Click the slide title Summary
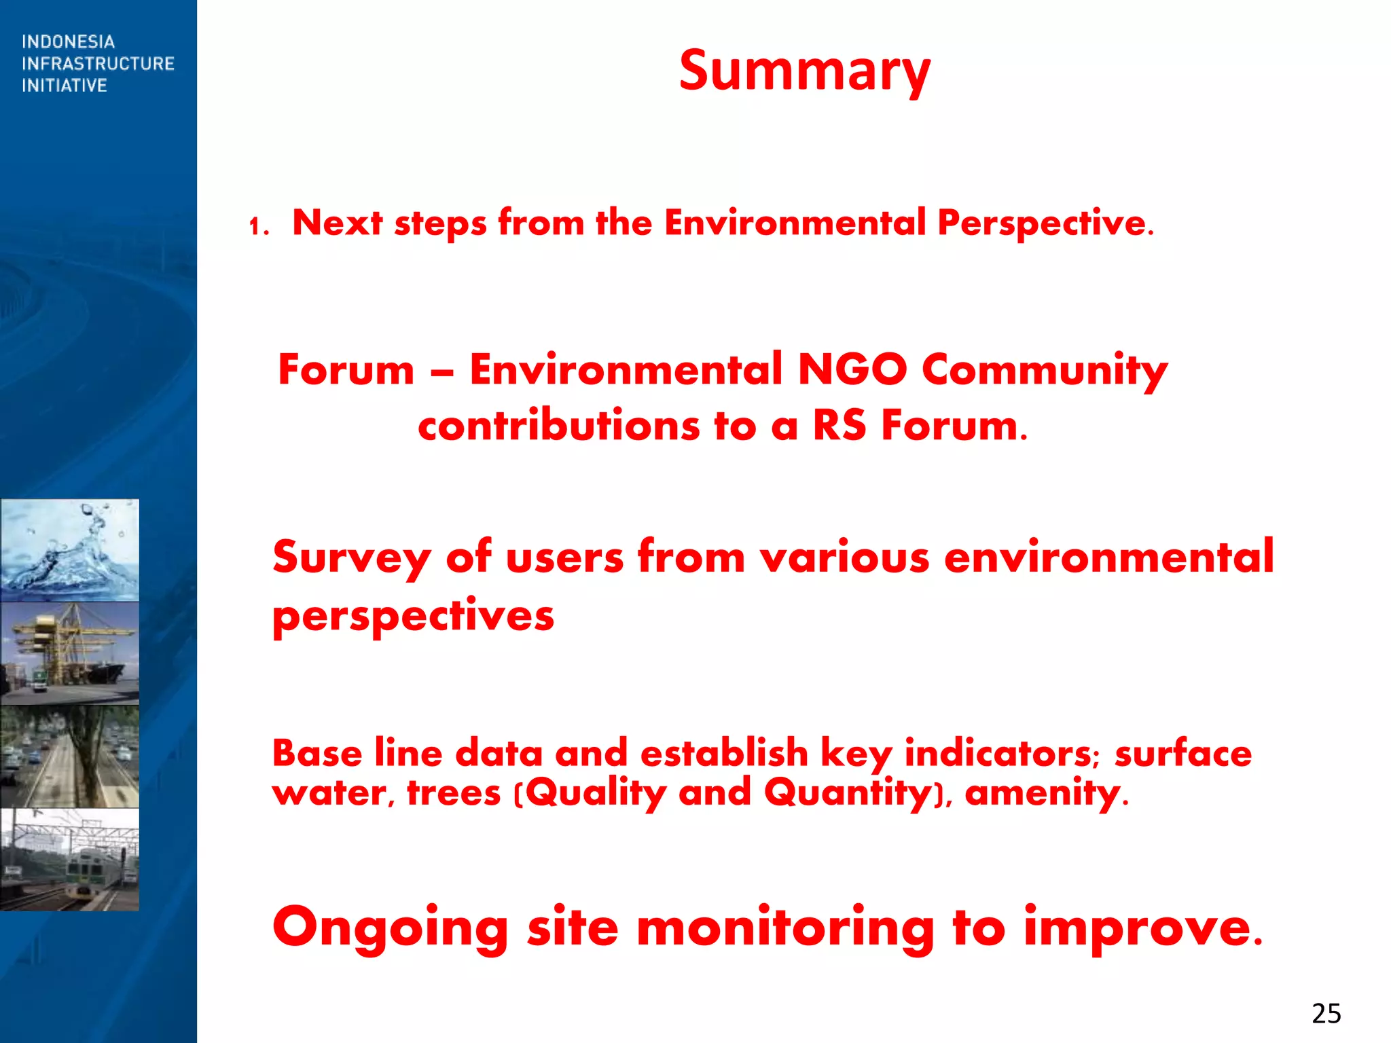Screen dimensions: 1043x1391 804,71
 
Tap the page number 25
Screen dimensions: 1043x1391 1326,1013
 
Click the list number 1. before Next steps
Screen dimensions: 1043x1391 259,226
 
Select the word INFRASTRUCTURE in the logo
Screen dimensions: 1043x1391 98,64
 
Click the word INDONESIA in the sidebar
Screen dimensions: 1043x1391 68,42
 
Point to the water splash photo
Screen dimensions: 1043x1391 70,550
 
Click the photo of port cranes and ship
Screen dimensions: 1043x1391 70,653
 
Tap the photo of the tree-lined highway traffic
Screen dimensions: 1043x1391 70,756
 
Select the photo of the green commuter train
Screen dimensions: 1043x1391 70,859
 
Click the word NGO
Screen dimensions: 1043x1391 852,370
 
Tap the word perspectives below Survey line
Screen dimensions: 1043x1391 413,617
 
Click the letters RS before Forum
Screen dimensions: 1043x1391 839,426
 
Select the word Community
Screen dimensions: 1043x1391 1044,371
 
